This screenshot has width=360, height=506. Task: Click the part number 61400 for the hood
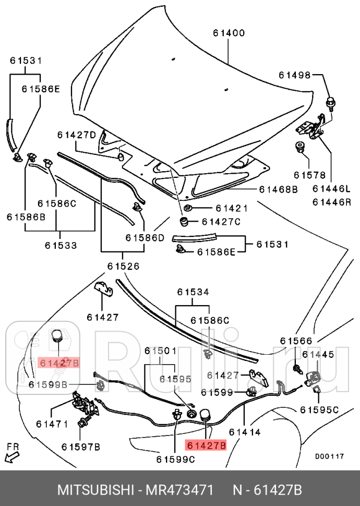point(229,33)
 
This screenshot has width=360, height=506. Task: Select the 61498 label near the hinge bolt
point(294,75)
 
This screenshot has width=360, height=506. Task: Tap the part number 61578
point(309,175)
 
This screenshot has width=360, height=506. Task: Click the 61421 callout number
point(218,208)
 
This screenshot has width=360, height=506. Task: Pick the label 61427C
point(221,222)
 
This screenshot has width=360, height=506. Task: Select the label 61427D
point(77,135)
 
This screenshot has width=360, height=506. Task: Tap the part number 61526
point(124,266)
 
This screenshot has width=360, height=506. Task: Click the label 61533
point(61,244)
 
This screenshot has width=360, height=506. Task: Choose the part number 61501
point(161,351)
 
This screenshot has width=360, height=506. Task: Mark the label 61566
point(296,341)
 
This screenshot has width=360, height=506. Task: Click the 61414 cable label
point(245,432)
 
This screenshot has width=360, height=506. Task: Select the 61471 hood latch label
point(52,424)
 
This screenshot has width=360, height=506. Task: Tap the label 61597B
point(80,447)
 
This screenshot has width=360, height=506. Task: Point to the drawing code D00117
point(329,456)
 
